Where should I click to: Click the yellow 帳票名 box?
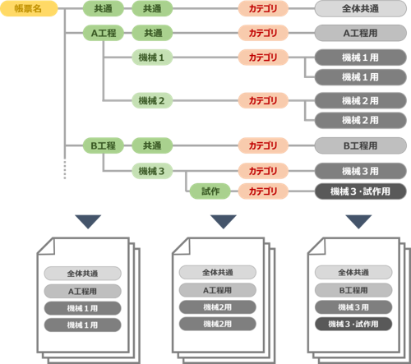click(x=29, y=8)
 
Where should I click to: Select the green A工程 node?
click(x=104, y=33)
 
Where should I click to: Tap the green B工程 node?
click(x=104, y=145)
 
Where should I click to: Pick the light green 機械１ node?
click(x=152, y=58)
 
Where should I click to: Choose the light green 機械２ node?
click(x=152, y=100)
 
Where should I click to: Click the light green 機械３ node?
click(x=152, y=171)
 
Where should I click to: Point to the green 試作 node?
click(x=210, y=191)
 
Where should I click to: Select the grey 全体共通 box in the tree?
click(x=361, y=9)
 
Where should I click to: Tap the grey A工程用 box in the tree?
click(x=361, y=33)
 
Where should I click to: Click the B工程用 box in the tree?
click(x=361, y=145)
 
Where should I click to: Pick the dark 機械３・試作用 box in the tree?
click(x=361, y=191)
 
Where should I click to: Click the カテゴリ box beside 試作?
click(x=263, y=191)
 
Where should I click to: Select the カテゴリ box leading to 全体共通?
click(x=263, y=9)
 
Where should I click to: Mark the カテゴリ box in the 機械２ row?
click(x=263, y=100)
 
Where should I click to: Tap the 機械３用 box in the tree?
click(x=361, y=171)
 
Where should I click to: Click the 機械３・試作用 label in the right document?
click(x=353, y=324)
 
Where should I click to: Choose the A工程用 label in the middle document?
click(x=218, y=290)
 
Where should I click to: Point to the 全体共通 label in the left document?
click(x=82, y=274)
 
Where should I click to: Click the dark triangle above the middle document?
click(x=224, y=221)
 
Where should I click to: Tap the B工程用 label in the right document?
click(x=353, y=290)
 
